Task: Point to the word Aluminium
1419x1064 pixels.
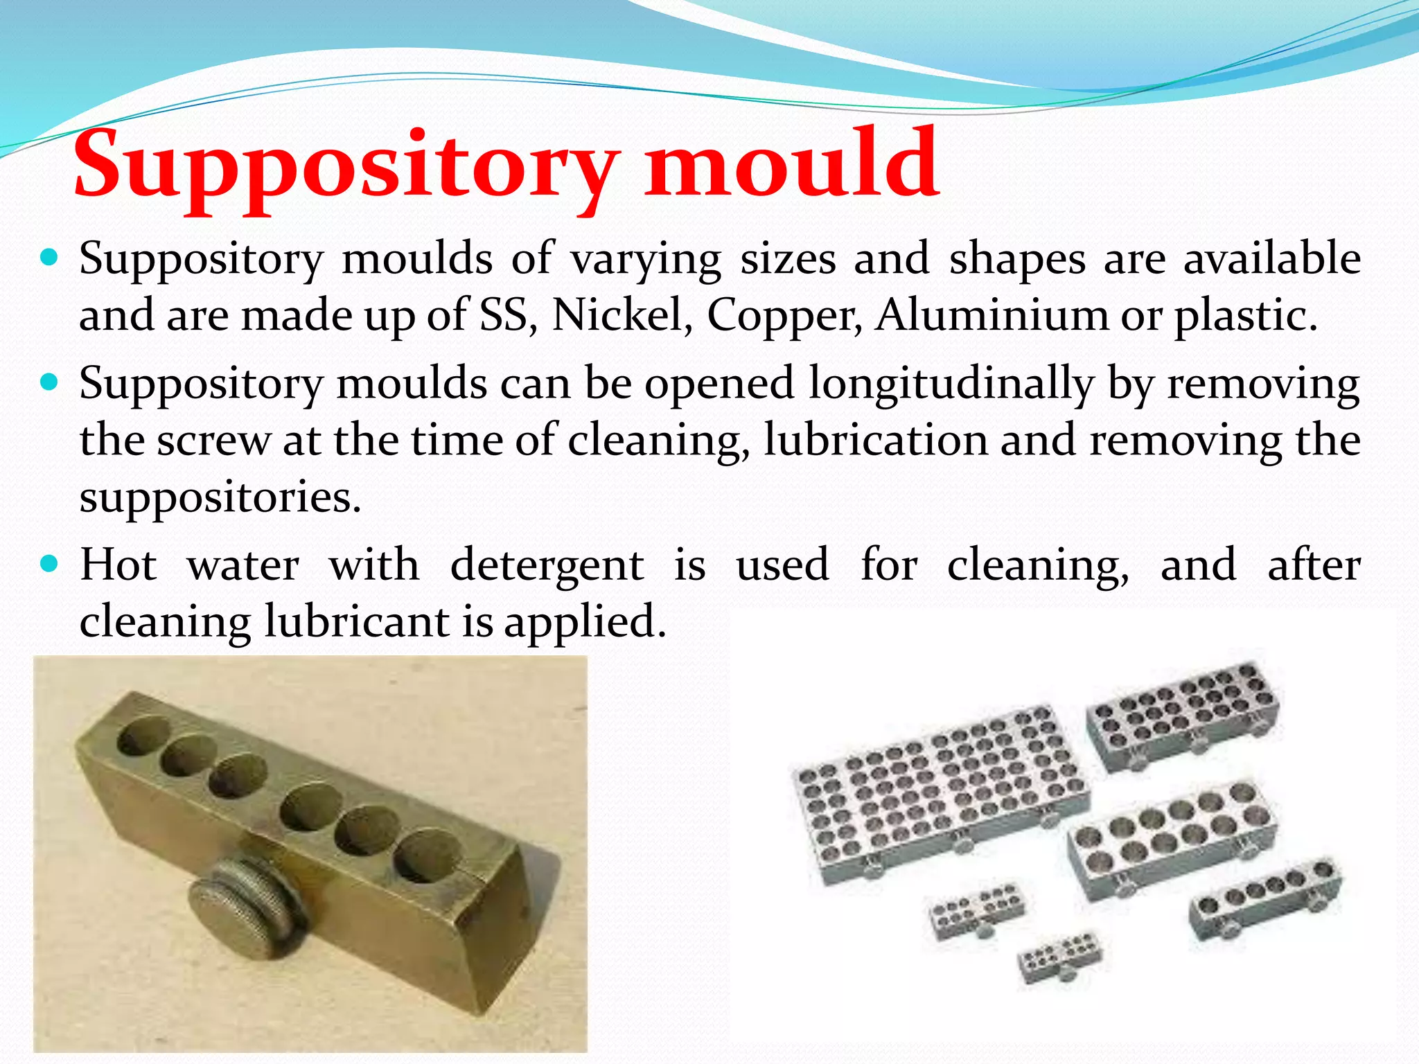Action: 991,316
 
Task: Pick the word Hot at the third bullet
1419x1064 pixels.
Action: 118,565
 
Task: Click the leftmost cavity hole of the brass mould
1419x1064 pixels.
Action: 142,736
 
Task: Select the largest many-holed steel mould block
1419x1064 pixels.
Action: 939,793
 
